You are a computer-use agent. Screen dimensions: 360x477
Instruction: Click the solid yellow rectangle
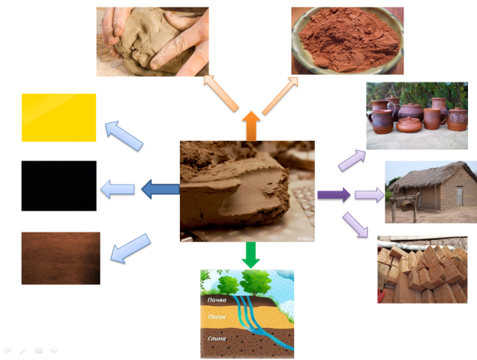click(x=58, y=117)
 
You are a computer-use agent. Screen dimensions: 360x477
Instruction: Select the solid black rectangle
click(x=58, y=185)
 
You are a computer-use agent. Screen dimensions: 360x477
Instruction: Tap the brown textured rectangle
click(x=60, y=258)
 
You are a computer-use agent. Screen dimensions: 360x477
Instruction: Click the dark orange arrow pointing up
click(x=250, y=125)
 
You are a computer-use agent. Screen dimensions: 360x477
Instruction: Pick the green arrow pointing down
click(x=250, y=255)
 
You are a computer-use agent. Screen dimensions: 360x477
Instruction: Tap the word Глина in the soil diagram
click(x=218, y=339)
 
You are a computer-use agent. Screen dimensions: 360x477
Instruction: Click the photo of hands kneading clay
click(x=152, y=41)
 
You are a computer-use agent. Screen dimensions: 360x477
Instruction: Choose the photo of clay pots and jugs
click(x=416, y=115)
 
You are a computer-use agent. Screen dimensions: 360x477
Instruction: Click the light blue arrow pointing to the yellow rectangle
click(x=124, y=135)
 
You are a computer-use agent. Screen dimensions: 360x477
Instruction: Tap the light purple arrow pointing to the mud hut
click(x=369, y=196)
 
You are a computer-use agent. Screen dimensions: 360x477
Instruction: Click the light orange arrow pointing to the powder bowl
click(x=279, y=94)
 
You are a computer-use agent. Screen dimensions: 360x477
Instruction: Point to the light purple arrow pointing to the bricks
click(x=355, y=225)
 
